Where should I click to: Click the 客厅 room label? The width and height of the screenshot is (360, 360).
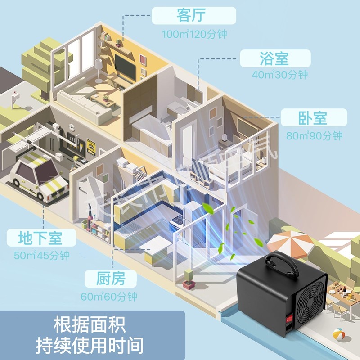click(x=193, y=16)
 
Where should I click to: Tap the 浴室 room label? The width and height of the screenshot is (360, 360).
click(x=274, y=59)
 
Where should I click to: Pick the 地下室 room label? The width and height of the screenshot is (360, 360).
click(x=40, y=238)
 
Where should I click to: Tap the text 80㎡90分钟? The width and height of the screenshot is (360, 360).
click(x=314, y=135)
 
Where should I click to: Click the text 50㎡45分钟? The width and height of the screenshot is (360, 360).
click(x=42, y=256)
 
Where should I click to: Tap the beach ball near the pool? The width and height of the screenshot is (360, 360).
click(x=338, y=334)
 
